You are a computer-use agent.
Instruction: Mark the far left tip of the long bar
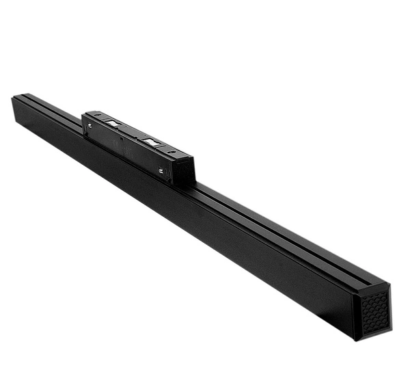pyautogui.click(x=13, y=100)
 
